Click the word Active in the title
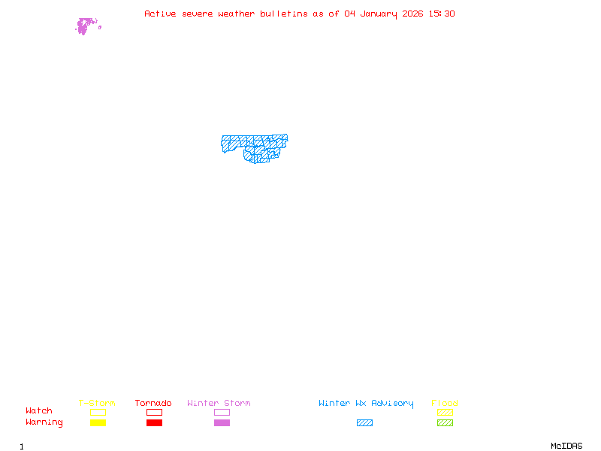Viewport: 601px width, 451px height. click(x=160, y=14)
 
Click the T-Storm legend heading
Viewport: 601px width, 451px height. click(x=97, y=404)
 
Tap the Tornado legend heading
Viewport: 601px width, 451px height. click(x=153, y=404)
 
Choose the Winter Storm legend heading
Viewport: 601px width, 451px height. click(x=219, y=404)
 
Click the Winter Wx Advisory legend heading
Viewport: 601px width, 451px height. click(x=366, y=404)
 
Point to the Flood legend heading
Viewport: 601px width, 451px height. click(x=445, y=404)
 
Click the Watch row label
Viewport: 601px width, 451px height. click(x=39, y=411)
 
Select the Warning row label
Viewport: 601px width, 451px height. click(x=44, y=422)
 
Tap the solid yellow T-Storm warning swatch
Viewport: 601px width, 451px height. click(x=98, y=423)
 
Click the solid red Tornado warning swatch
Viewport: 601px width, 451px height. click(x=154, y=423)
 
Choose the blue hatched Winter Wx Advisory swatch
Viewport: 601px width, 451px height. click(x=364, y=423)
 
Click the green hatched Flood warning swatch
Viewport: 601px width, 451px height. click(x=445, y=423)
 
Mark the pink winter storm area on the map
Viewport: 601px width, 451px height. click(x=84, y=26)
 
